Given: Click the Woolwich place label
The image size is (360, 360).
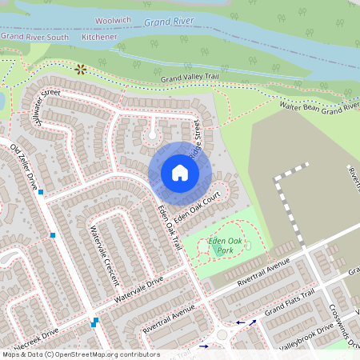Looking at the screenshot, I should coord(113,18).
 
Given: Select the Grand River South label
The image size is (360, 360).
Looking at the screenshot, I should coord(34,37).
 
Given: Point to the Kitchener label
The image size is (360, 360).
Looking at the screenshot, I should coord(99,37).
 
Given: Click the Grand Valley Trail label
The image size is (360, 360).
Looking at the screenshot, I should coord(190,78).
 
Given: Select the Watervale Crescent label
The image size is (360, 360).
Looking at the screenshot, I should coord(104,254).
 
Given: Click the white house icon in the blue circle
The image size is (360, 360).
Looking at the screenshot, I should coord(180,173).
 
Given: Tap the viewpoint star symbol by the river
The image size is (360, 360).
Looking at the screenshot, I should coord(80,70).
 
